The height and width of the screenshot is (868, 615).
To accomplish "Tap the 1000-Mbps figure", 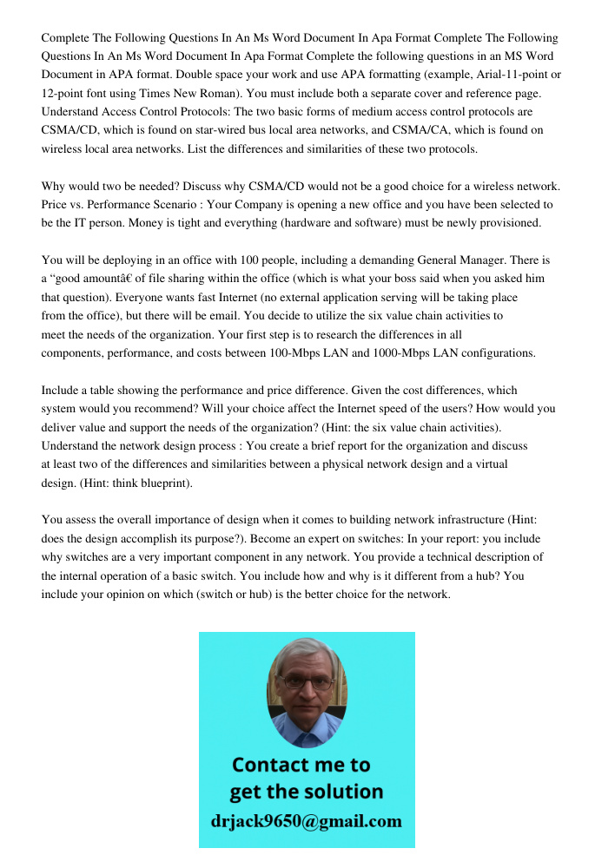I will [x=406, y=353].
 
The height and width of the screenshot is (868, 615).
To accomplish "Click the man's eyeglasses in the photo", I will [x=307, y=682].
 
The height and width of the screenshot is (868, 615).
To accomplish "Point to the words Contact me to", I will [x=301, y=766].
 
